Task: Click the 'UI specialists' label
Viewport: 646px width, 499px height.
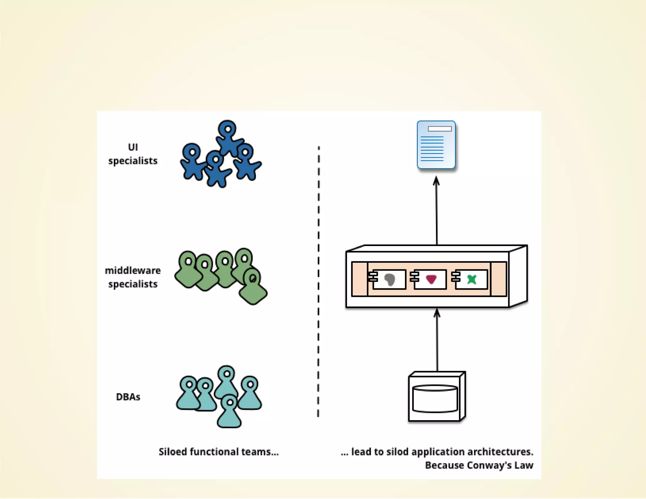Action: (x=133, y=154)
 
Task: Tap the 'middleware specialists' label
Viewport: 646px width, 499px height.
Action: (x=133, y=277)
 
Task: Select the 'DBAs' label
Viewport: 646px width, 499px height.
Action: (x=128, y=397)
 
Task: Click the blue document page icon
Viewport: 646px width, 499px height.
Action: (x=436, y=145)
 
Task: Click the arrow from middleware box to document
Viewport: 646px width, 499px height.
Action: (x=437, y=211)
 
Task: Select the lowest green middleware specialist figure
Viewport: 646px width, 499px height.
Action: (x=253, y=289)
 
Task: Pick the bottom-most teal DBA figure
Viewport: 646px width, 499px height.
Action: (x=229, y=413)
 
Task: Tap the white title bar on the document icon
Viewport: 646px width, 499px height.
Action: (x=440, y=129)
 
